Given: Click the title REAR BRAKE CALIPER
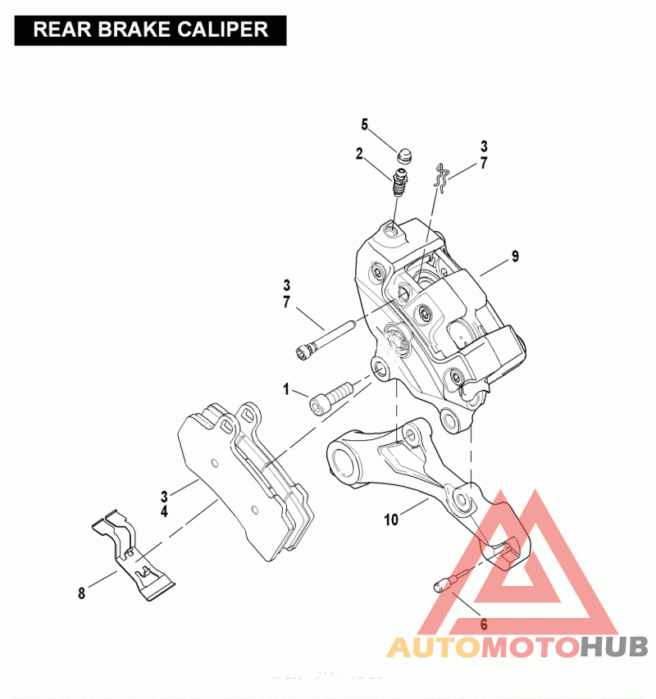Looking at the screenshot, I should [x=151, y=30].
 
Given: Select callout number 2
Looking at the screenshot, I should [x=359, y=152].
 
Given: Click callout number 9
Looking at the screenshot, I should [x=515, y=256].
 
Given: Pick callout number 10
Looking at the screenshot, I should [x=391, y=519].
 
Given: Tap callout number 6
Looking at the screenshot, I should [x=484, y=624].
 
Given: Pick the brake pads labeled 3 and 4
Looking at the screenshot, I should [x=246, y=483].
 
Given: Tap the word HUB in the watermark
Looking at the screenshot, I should [x=614, y=647].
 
